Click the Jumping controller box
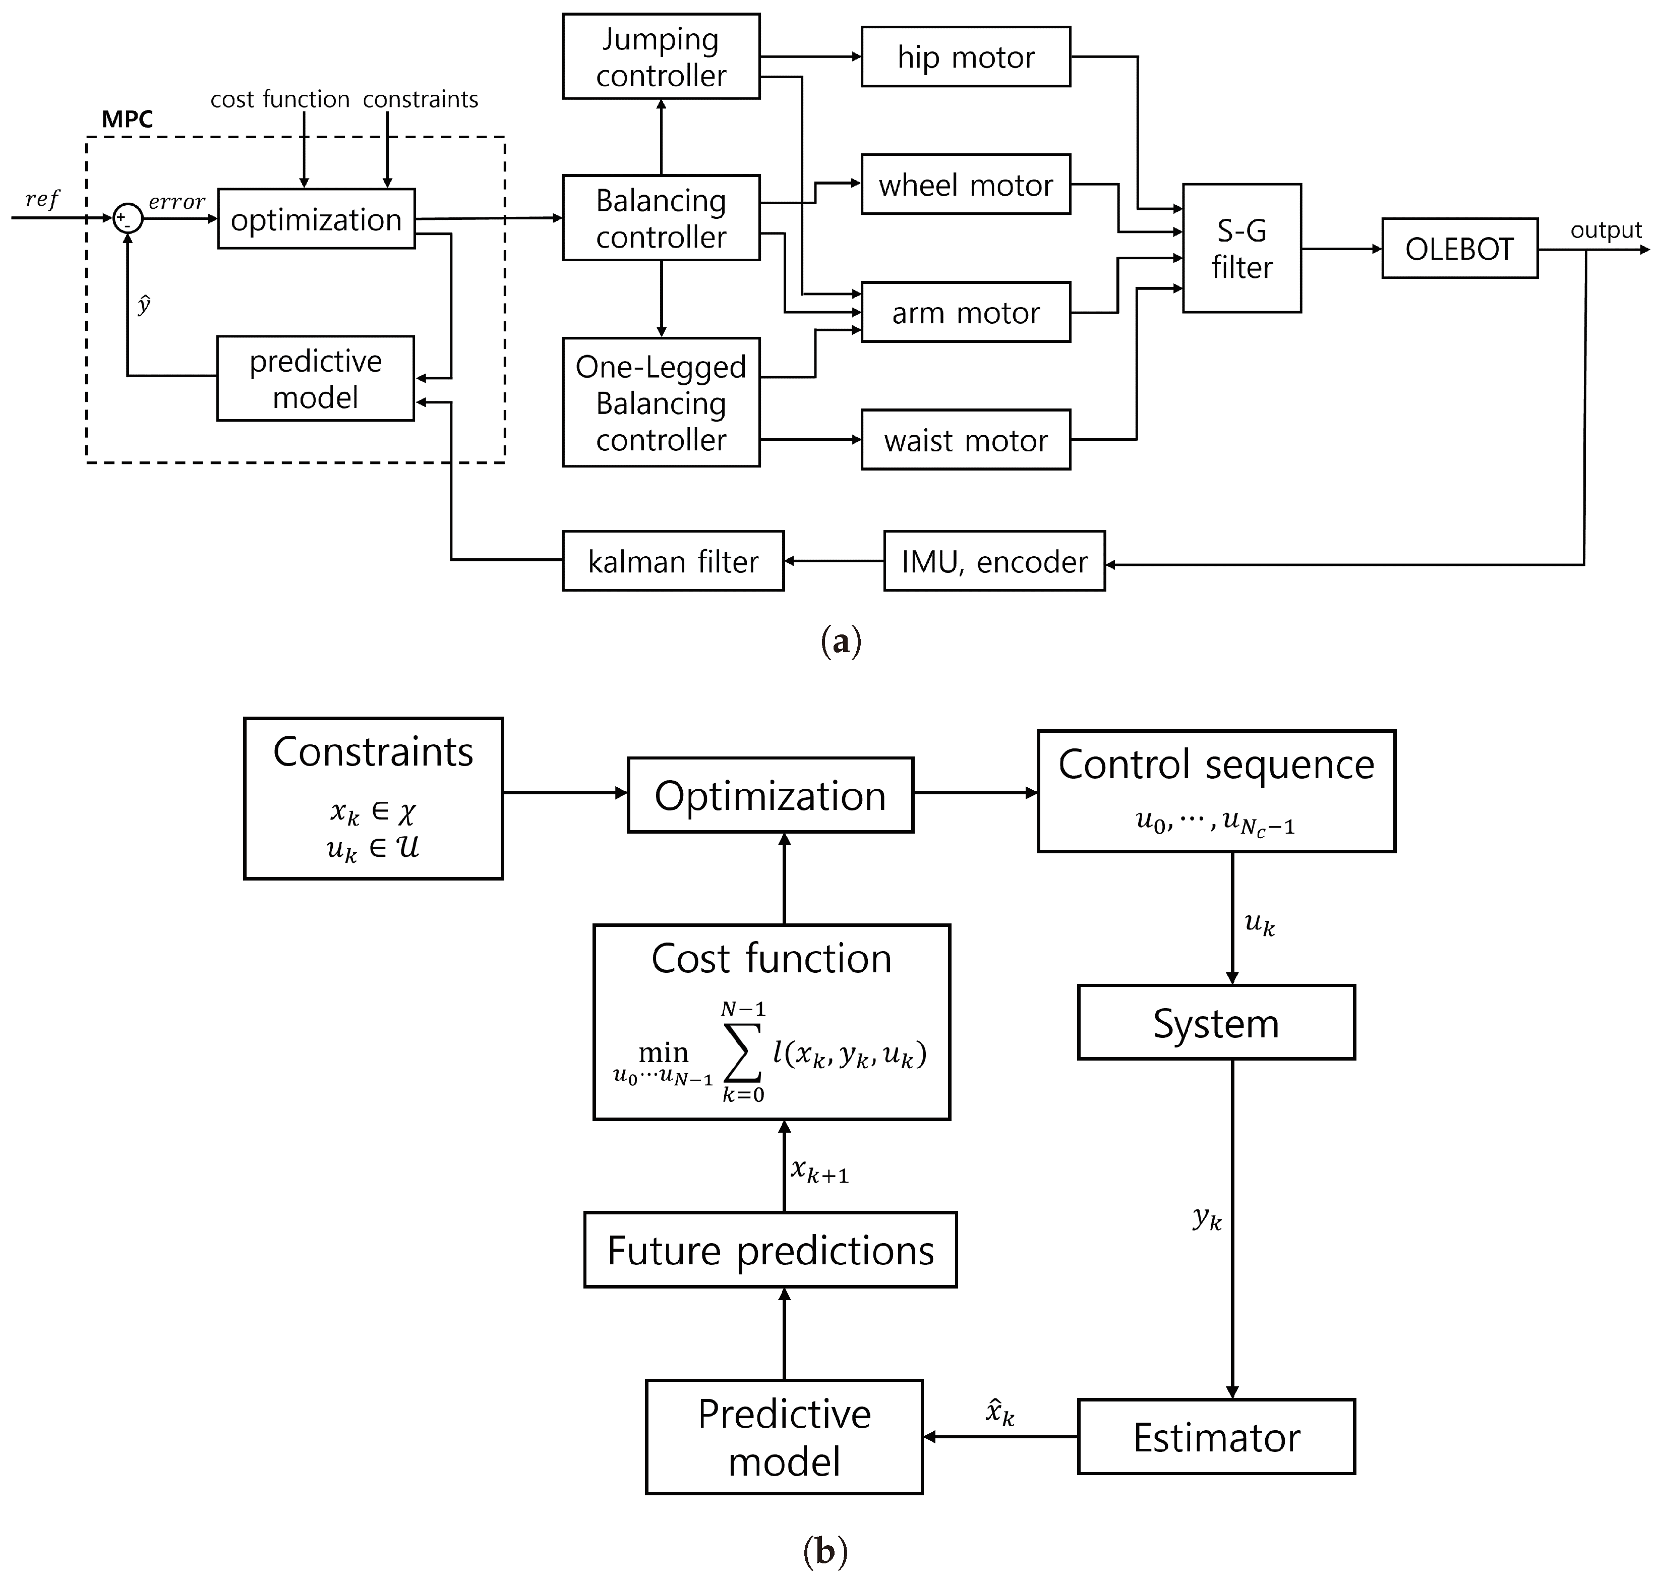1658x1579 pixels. point(661,56)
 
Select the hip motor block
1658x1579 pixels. point(965,56)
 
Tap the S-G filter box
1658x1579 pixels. point(1241,248)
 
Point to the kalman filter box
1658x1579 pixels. point(673,561)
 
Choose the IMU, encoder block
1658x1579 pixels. point(994,561)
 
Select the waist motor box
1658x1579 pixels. point(965,439)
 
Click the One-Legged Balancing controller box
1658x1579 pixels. point(661,402)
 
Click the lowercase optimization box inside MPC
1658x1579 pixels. point(316,219)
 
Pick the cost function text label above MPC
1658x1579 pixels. point(279,99)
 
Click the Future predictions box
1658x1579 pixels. point(770,1250)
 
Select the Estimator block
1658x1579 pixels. point(1216,1437)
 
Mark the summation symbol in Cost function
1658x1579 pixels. point(743,1052)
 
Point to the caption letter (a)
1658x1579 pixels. point(841,642)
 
